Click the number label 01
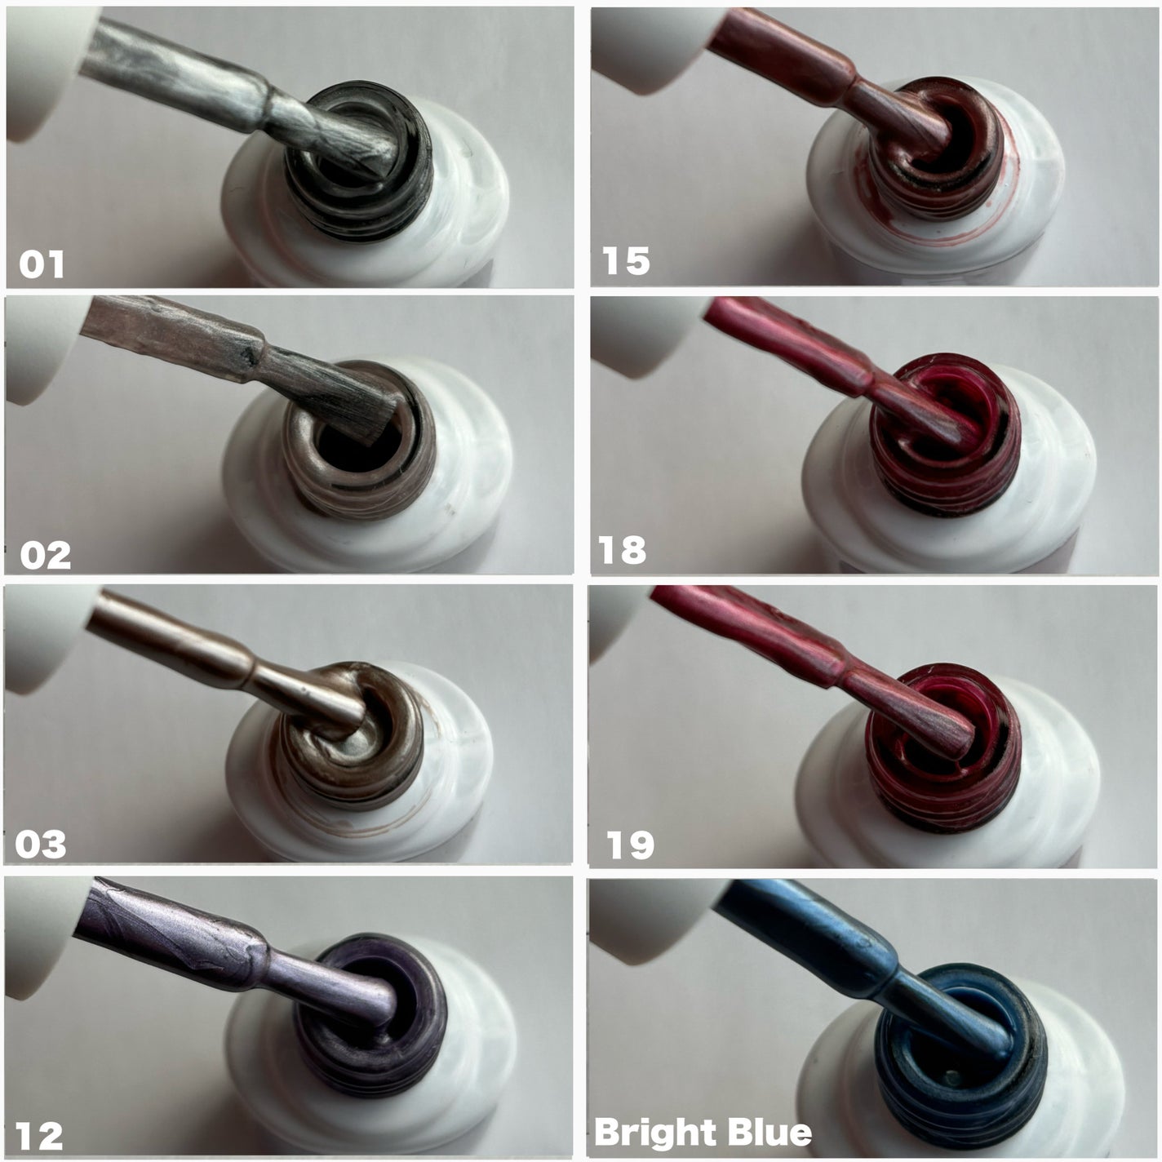tap(42, 264)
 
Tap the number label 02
tap(45, 556)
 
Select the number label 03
tap(41, 845)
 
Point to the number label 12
tap(39, 1136)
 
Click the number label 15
tap(626, 261)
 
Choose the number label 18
tap(622, 550)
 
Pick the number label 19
tap(630, 845)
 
